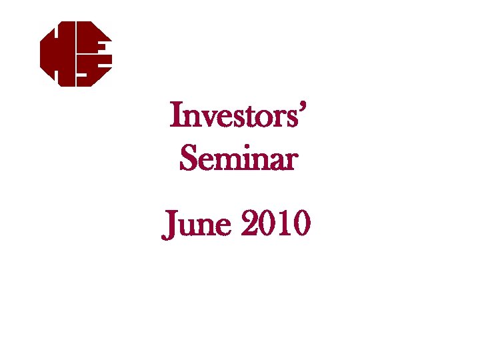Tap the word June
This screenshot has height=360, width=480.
pyautogui.click(x=197, y=225)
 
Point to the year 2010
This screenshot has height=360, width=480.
pyautogui.click(x=275, y=225)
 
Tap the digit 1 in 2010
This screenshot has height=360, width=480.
pyautogui.click(x=283, y=225)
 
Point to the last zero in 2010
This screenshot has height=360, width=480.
pyautogui.click(x=301, y=225)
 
